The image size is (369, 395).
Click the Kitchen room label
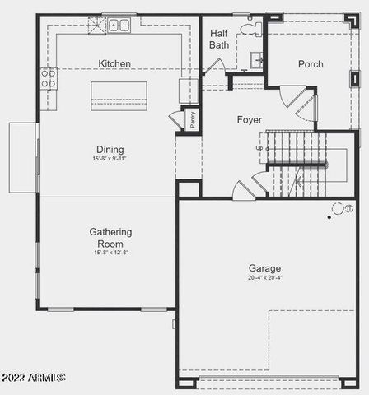[x=114, y=63]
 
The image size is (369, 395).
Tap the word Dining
[x=110, y=149]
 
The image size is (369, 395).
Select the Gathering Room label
[x=110, y=238]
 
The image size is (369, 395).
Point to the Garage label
[x=264, y=268]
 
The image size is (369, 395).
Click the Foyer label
[x=249, y=120]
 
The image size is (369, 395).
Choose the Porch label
[x=311, y=64]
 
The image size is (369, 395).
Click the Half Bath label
[x=219, y=39]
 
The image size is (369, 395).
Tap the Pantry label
[x=193, y=118]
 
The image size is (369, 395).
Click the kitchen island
[x=119, y=95]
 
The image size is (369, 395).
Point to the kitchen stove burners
[x=48, y=78]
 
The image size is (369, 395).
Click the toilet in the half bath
[x=250, y=29]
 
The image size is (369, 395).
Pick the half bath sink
[x=255, y=59]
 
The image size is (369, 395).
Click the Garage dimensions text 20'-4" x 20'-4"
[x=264, y=279]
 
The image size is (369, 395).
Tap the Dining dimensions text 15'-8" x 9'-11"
[x=110, y=158]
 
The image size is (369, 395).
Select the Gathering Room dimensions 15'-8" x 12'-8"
[x=110, y=253]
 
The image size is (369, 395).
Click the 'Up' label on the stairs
[x=260, y=148]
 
